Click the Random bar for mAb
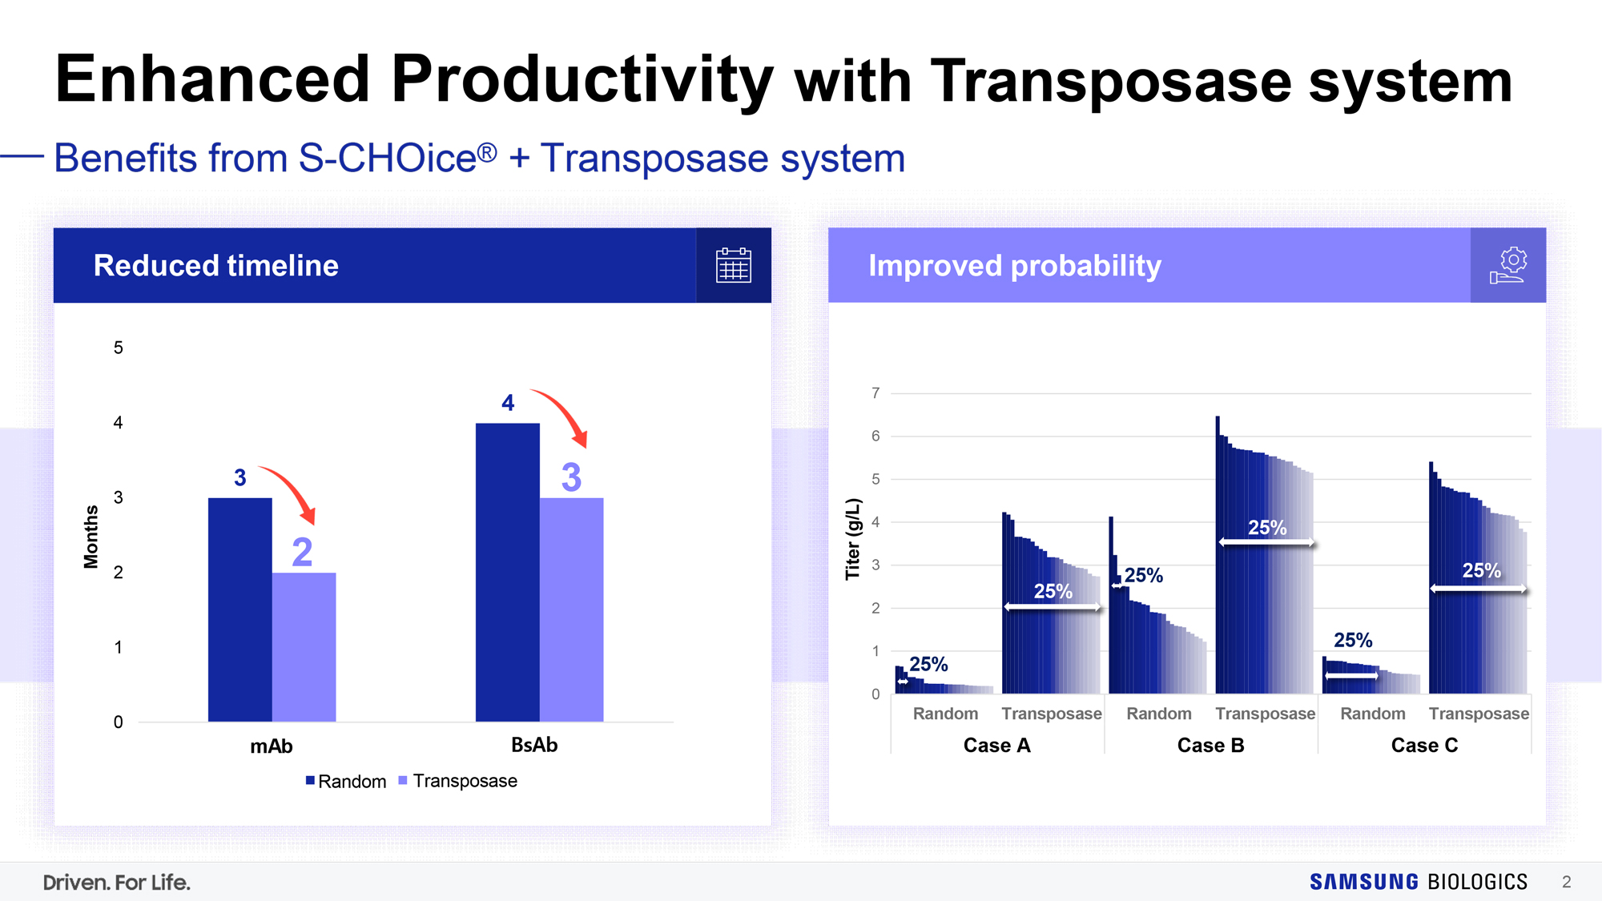tap(240, 609)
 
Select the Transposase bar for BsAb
tap(571, 609)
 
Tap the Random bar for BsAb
tap(508, 572)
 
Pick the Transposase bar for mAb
tap(304, 647)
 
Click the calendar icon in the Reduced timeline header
tap(733, 265)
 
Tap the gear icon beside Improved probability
tap(1508, 265)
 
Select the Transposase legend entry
tap(457, 781)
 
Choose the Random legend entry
tap(346, 781)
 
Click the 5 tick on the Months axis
tap(119, 348)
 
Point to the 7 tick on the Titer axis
tap(875, 393)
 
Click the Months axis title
tap(91, 537)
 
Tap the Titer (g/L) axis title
tap(853, 538)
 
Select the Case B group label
tap(1210, 746)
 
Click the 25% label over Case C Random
tap(1353, 640)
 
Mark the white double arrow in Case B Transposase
tap(1266, 543)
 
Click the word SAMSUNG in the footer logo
tap(1364, 882)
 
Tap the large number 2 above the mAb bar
tap(302, 552)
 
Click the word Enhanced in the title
tap(213, 78)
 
